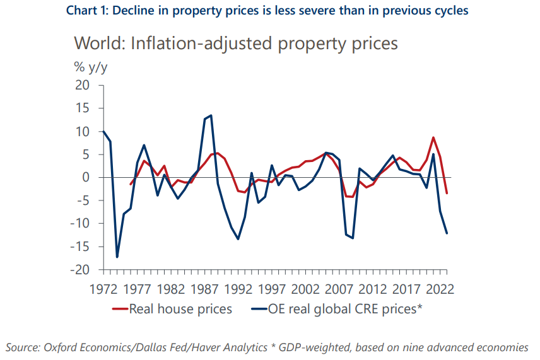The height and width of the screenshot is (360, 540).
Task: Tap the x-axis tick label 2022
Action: [x=440, y=289]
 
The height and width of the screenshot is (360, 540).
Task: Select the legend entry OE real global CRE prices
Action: [x=341, y=309]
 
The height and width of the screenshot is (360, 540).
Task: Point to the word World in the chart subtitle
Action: [x=94, y=44]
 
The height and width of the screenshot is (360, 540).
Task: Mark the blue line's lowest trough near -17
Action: [x=117, y=257]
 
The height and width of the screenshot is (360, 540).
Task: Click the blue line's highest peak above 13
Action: [x=211, y=115]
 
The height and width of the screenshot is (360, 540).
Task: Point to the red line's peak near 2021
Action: [x=433, y=137]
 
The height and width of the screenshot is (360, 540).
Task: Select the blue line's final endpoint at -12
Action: [x=447, y=233]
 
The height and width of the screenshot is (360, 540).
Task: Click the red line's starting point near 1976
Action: [x=131, y=185]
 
